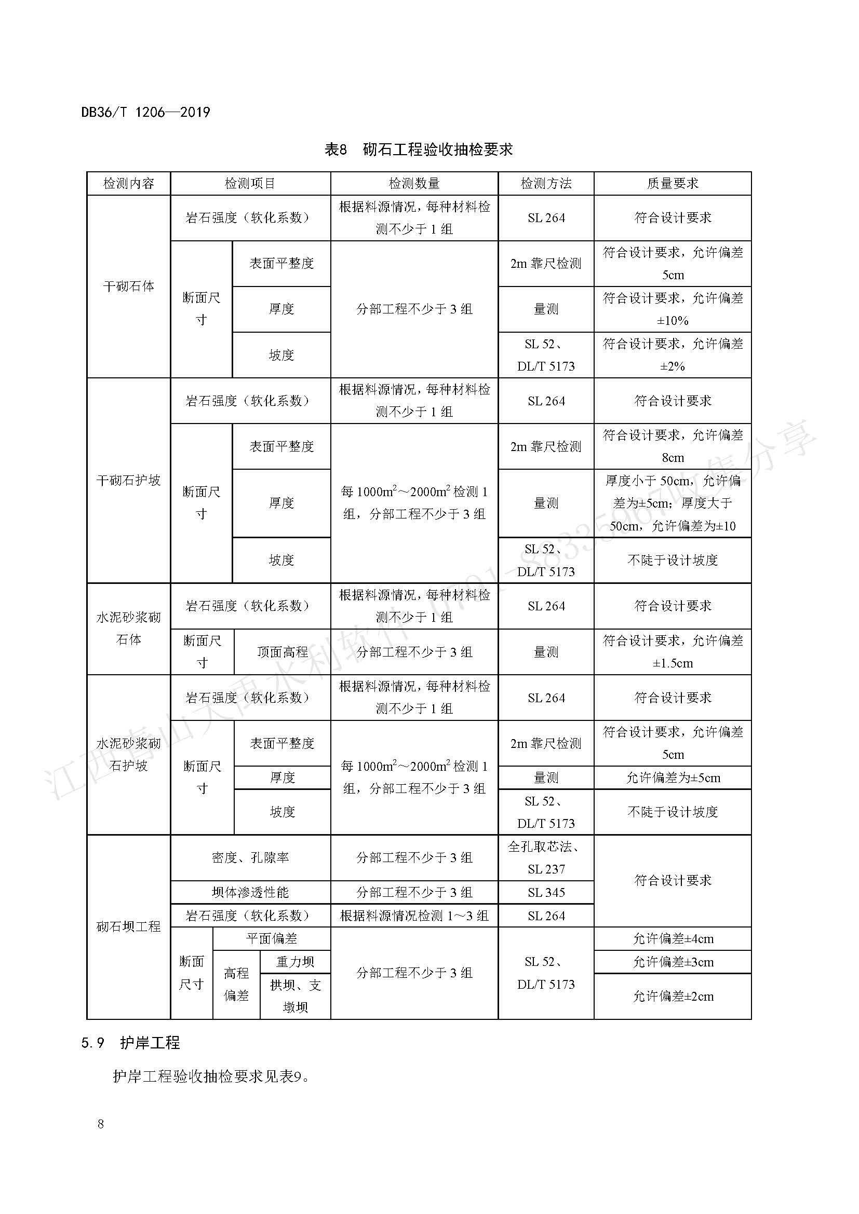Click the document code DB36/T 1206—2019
(x=145, y=112)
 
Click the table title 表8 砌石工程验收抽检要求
(x=419, y=149)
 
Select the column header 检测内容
(x=128, y=183)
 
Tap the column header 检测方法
(x=546, y=183)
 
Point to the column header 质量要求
(x=672, y=183)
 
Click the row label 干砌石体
(x=128, y=286)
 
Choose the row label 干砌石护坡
(x=128, y=480)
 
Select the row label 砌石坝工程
(x=128, y=926)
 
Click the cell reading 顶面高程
(x=283, y=652)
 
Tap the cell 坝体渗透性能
(x=250, y=893)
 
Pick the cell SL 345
(x=546, y=893)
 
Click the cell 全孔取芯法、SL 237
(x=546, y=857)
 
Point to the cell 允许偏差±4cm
(x=673, y=938)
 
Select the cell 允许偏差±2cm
(x=673, y=996)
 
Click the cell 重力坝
(x=295, y=962)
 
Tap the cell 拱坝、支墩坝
(x=295, y=996)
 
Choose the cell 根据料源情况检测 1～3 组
(x=414, y=916)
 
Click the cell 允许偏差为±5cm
(x=673, y=778)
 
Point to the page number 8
(x=101, y=1124)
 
